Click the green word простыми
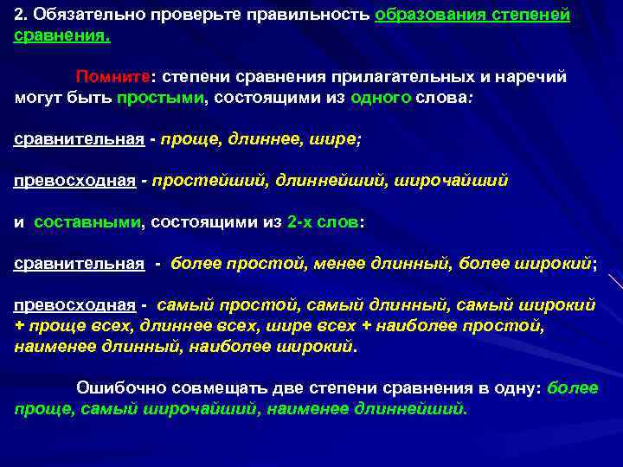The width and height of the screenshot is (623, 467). click(x=159, y=97)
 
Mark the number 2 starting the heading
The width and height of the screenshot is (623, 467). click(x=18, y=17)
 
